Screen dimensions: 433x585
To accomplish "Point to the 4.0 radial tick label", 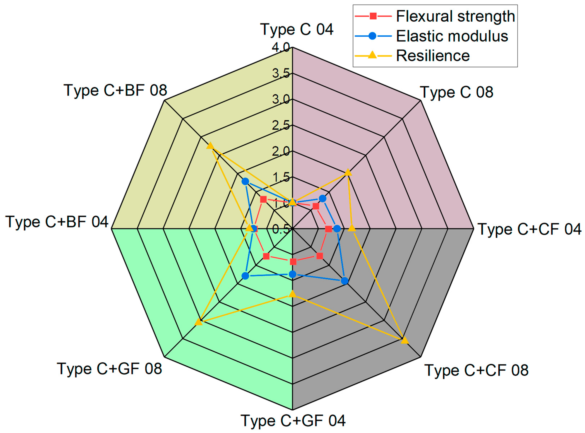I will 281,47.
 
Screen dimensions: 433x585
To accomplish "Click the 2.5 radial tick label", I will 281,125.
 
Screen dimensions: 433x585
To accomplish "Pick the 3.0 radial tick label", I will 281,99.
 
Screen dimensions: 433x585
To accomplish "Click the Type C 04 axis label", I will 297,29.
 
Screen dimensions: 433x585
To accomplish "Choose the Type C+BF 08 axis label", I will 115,90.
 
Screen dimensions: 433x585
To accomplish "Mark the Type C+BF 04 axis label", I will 57,222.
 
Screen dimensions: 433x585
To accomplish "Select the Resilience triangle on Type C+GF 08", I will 199,322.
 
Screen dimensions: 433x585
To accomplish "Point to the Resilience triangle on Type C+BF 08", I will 210,146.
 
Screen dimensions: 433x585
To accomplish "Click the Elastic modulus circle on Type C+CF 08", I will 345,281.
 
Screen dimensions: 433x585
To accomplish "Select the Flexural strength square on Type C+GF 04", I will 293,262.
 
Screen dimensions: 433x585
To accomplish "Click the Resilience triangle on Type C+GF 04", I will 292,294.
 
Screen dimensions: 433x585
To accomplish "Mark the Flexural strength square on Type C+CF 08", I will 320,256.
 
